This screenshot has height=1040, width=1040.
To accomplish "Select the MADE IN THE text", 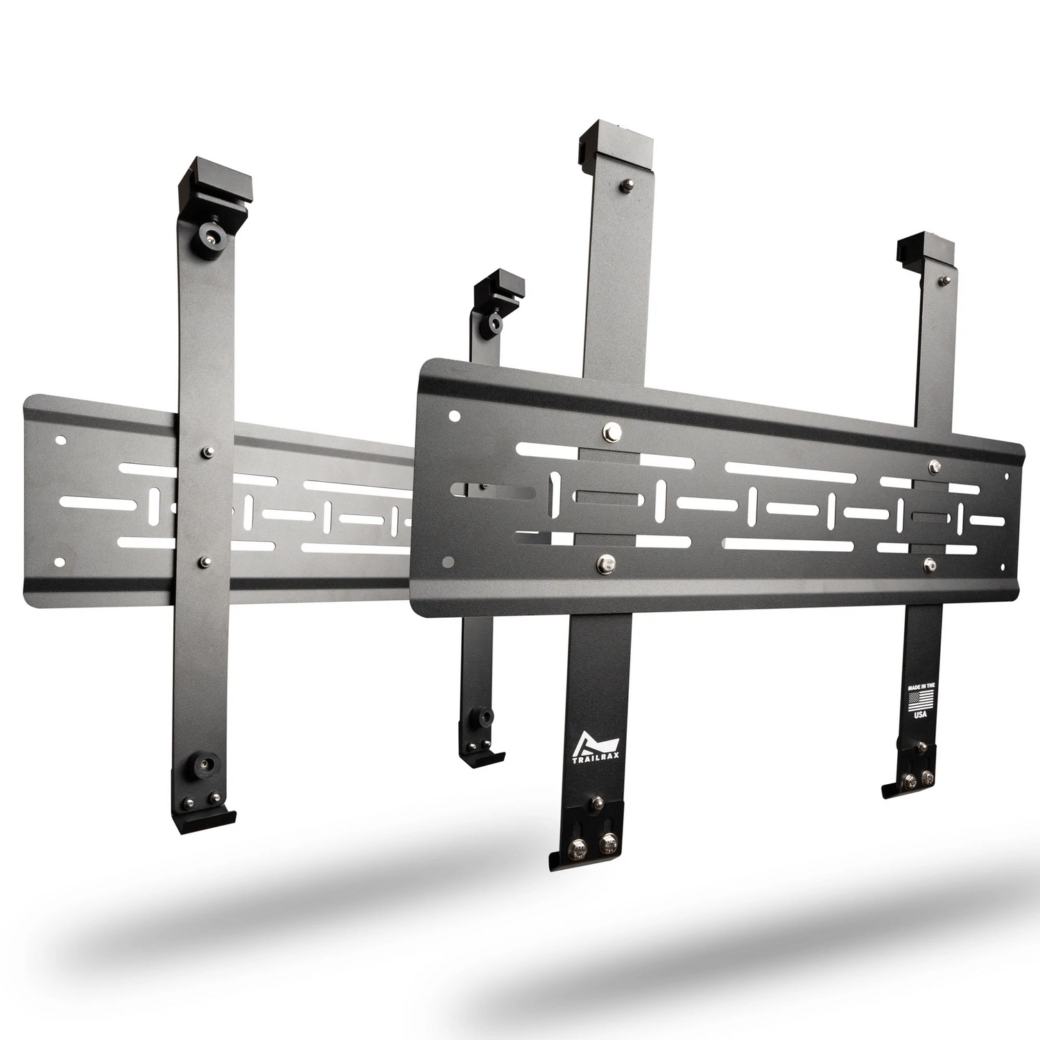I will click(921, 686).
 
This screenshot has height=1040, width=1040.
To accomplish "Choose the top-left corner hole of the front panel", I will click(453, 416).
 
